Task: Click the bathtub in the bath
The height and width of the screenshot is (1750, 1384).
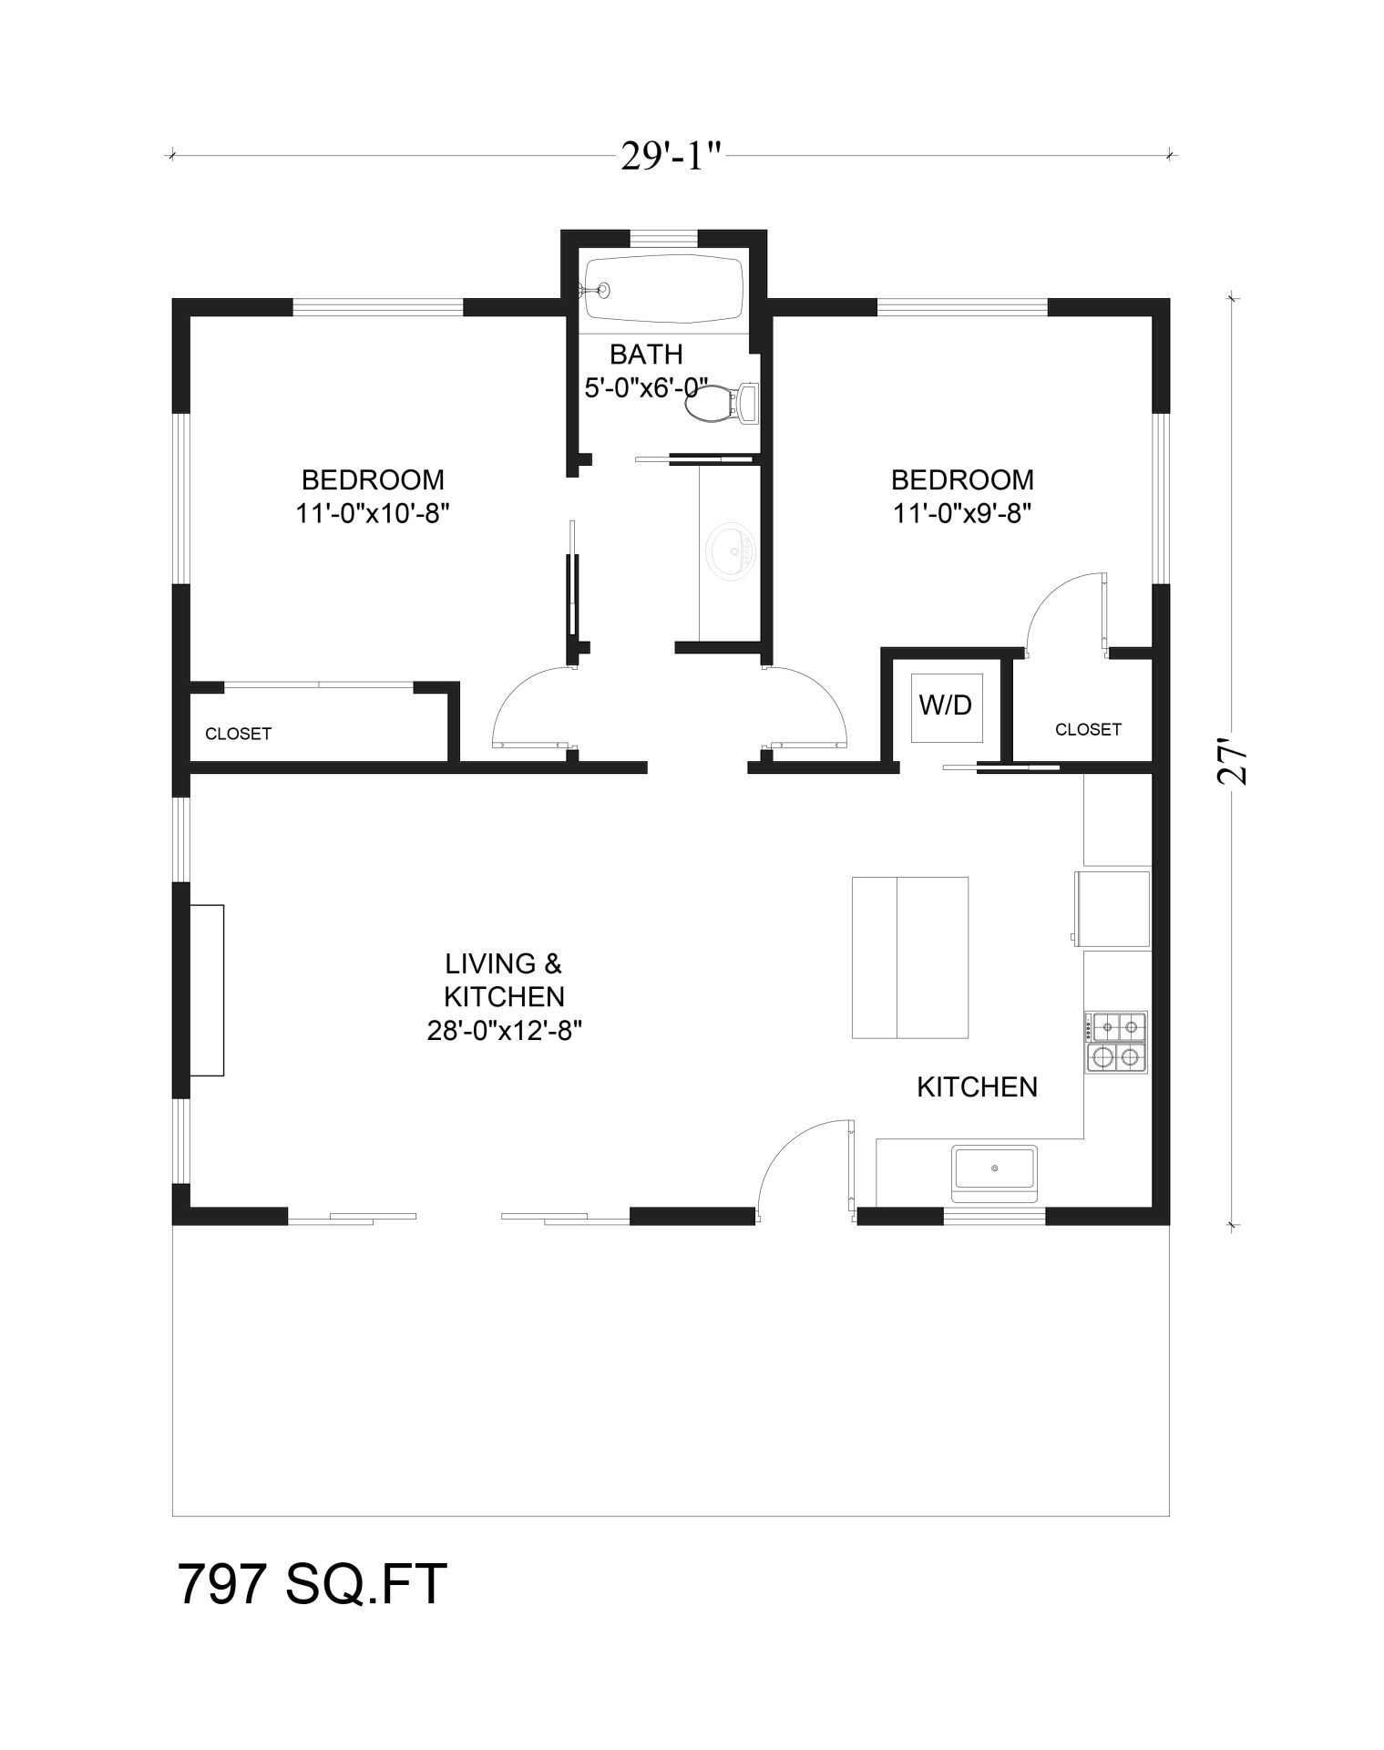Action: pyautogui.click(x=664, y=288)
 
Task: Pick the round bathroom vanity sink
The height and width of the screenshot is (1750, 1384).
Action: pyautogui.click(x=730, y=551)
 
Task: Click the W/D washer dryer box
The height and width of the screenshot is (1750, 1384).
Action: pyautogui.click(x=945, y=705)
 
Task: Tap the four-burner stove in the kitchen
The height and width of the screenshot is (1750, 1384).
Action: pyautogui.click(x=1116, y=1042)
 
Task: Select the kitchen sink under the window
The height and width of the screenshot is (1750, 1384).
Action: pyautogui.click(x=994, y=1170)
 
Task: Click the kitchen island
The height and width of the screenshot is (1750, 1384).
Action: pyautogui.click(x=909, y=957)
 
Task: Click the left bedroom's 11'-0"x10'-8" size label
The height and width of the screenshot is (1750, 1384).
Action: pyautogui.click(x=373, y=513)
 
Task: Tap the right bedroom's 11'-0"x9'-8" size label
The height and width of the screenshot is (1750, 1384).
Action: pyautogui.click(x=962, y=513)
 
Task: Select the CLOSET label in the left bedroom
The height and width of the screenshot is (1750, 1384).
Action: pyautogui.click(x=238, y=734)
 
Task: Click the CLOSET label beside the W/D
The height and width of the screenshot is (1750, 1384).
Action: pyautogui.click(x=1088, y=729)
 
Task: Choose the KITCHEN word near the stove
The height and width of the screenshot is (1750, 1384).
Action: pyautogui.click(x=977, y=1086)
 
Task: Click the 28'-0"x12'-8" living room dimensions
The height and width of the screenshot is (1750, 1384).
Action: pyautogui.click(x=504, y=1030)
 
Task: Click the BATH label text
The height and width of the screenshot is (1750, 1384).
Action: pyautogui.click(x=646, y=354)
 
